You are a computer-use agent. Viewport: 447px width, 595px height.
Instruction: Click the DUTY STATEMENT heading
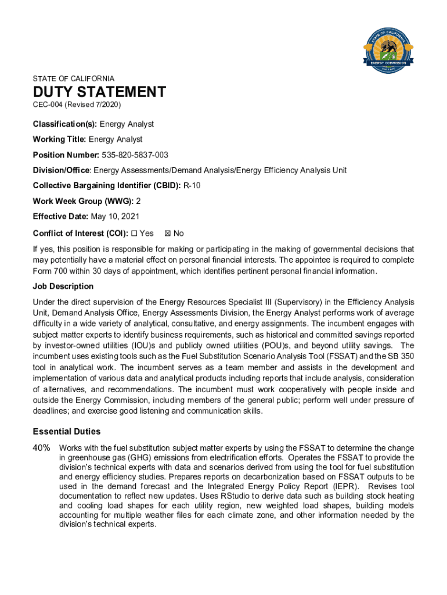(x=99, y=92)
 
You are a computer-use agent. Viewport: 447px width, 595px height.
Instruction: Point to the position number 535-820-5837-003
(x=135, y=155)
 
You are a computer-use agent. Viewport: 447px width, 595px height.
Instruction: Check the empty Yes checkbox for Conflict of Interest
(x=134, y=234)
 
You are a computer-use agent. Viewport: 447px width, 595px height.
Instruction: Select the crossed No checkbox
(x=168, y=234)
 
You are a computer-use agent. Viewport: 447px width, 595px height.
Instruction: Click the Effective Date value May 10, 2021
(x=124, y=216)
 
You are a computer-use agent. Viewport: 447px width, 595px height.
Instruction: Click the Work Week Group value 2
(x=138, y=201)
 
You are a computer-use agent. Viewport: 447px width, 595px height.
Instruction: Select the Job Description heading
(x=63, y=286)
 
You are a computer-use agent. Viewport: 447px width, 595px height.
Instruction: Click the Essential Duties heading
(x=67, y=432)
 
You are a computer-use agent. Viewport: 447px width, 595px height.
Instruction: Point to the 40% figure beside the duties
(x=41, y=449)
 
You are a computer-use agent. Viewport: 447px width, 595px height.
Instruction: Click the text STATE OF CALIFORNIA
(x=74, y=78)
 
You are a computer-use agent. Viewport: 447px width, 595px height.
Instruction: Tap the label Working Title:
(x=60, y=139)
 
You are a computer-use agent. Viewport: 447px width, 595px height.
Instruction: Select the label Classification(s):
(x=65, y=124)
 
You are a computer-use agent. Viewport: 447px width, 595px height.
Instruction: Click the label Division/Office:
(x=62, y=170)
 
